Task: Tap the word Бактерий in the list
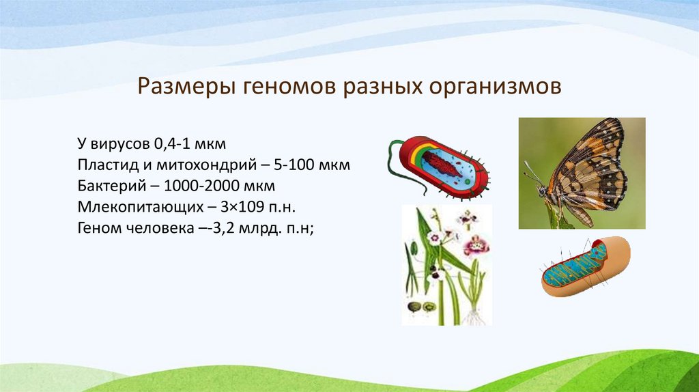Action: point(106,186)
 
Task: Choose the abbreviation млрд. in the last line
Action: point(257,229)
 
